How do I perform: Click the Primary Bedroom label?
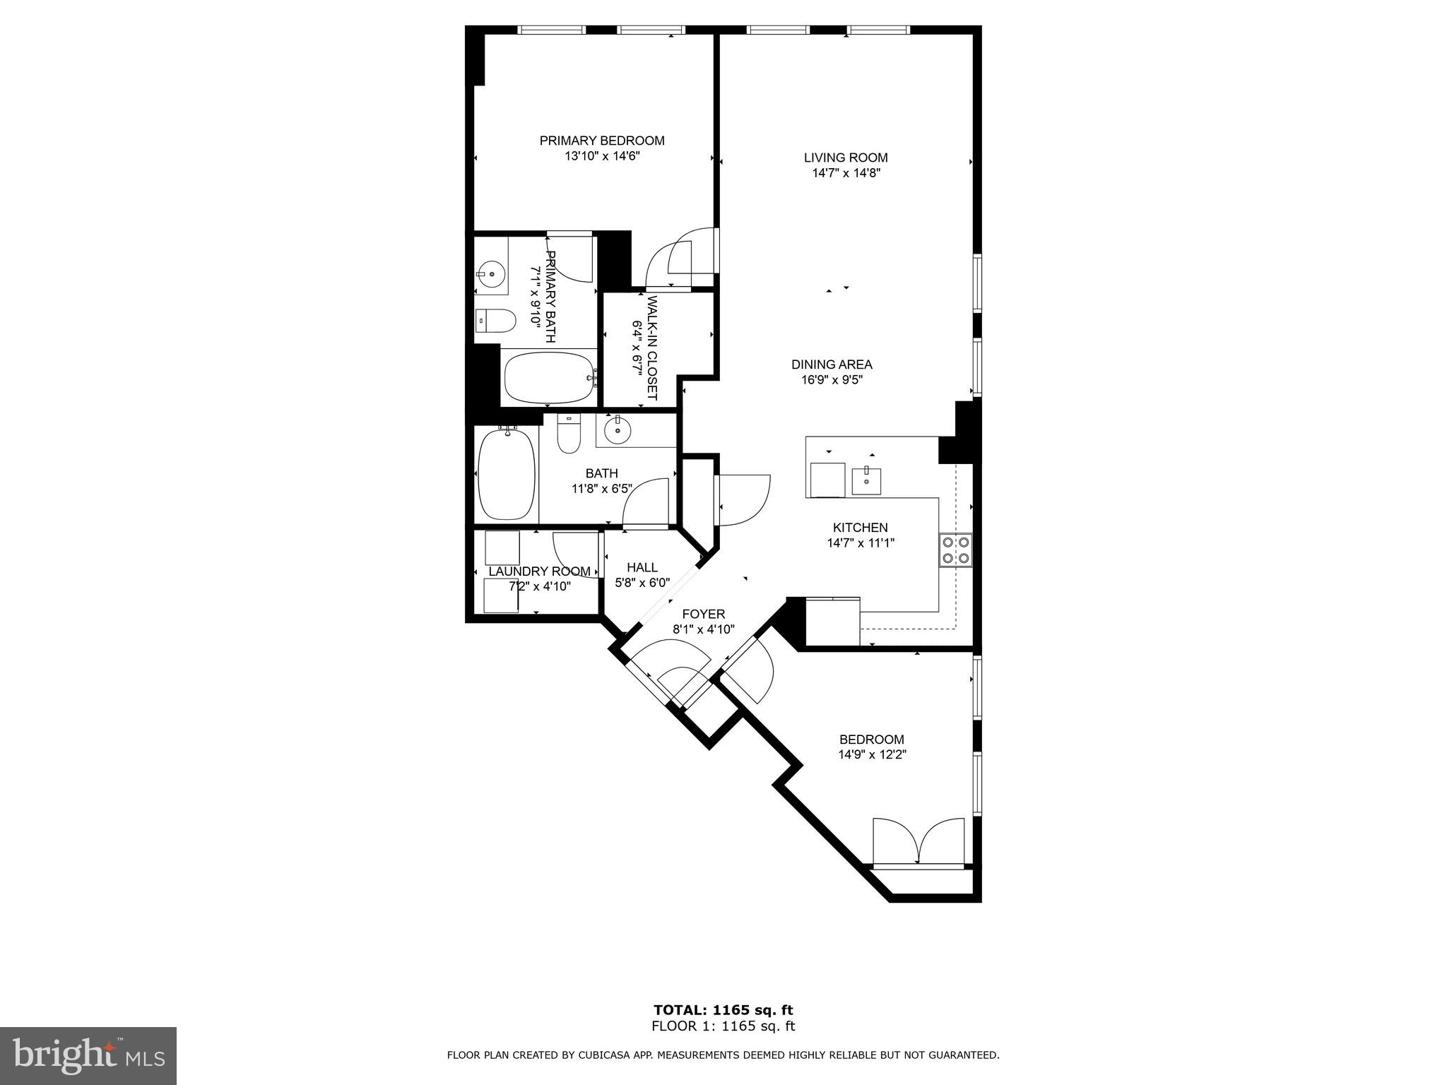[602, 141]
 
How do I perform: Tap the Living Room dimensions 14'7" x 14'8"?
[845, 173]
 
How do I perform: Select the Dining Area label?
[832, 364]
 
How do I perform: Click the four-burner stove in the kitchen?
[955, 550]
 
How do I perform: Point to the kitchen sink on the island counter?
[866, 480]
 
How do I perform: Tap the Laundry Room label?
[540, 571]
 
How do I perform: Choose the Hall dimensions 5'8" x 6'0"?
[642, 583]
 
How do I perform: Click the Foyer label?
[704, 614]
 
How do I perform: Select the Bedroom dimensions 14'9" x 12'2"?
[872, 754]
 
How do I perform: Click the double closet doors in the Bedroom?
[918, 841]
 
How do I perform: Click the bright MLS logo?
[88, 1055]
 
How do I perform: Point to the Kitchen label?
[860, 528]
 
